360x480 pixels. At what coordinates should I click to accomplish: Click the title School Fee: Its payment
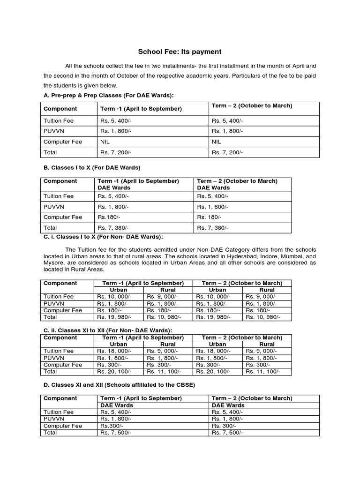pos(180,52)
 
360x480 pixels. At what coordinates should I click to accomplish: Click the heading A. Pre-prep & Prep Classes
pos(108,96)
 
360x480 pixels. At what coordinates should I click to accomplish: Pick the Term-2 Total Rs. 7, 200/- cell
pos(227,153)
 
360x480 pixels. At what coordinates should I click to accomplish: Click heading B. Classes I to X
pos(92,167)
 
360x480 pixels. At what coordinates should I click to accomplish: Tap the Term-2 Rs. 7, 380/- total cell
pos(213,228)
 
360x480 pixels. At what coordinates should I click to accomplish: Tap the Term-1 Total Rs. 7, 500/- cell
pos(116,433)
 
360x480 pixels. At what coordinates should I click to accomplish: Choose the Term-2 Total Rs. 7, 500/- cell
pos(227,433)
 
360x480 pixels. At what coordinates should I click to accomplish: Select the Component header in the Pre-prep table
pos(60,109)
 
